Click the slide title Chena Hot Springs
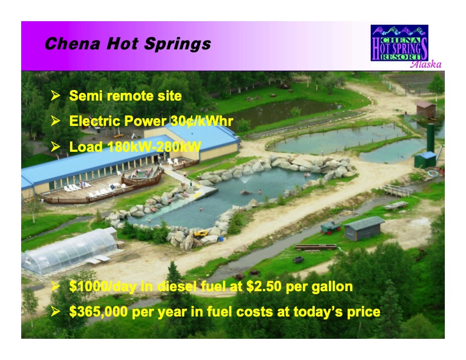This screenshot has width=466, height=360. pyautogui.click(x=127, y=44)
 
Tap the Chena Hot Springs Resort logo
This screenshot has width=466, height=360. pyautogui.click(x=399, y=43)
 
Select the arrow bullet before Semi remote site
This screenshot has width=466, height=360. pyautogui.click(x=56, y=95)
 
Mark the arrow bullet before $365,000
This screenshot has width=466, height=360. pyautogui.click(x=56, y=311)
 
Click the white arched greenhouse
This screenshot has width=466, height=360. pyautogui.click(x=69, y=250)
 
